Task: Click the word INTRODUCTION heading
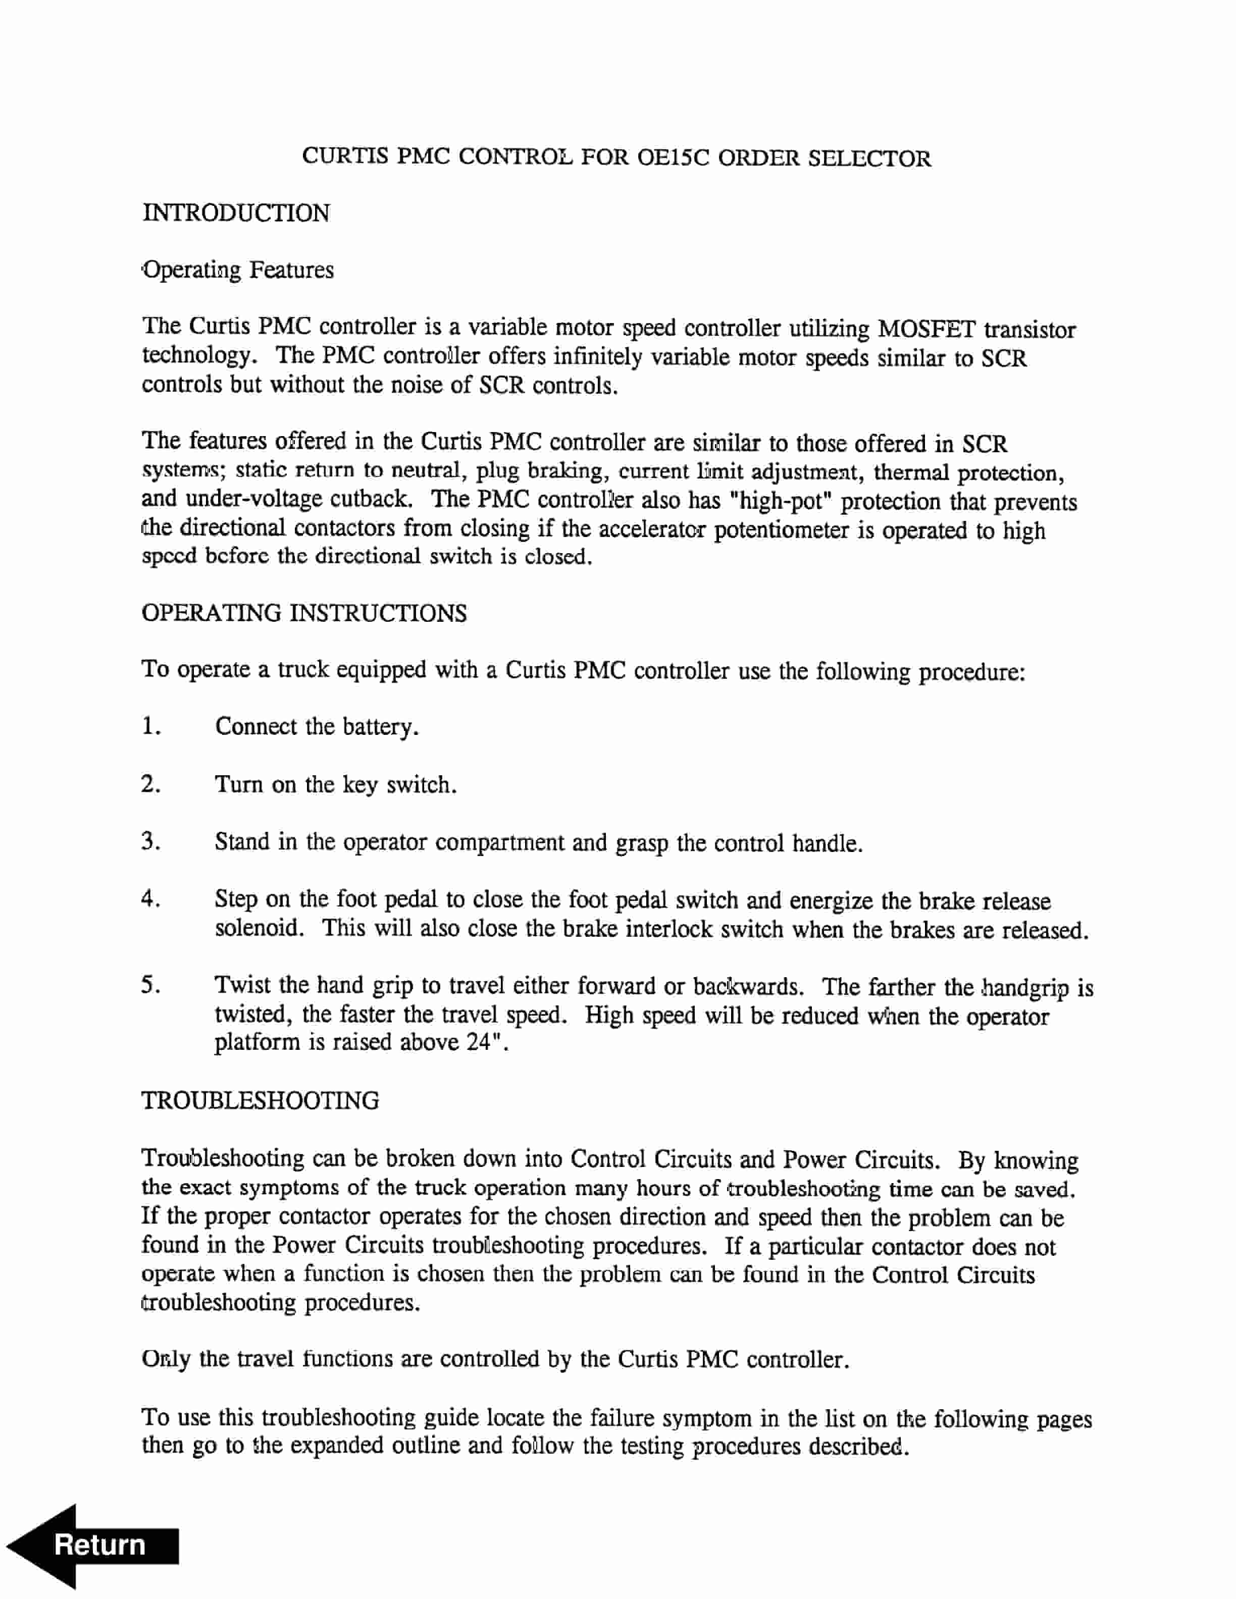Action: click(236, 214)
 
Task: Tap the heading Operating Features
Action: click(238, 270)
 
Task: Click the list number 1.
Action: click(150, 726)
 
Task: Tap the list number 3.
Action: click(150, 841)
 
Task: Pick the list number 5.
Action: click(150, 985)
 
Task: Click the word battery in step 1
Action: click(380, 727)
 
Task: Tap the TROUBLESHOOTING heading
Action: click(260, 1100)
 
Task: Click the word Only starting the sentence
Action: click(166, 1359)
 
